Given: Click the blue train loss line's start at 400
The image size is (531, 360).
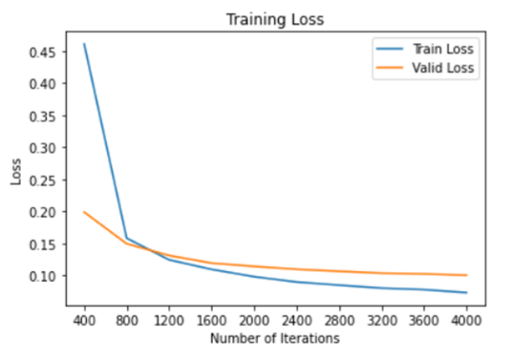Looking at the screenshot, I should tap(84, 44).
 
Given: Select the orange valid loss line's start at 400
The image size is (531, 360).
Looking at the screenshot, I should tap(84, 212).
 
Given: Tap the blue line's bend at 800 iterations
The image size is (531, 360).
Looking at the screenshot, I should tap(127, 238).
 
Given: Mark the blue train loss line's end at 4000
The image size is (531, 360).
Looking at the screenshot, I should tap(467, 292).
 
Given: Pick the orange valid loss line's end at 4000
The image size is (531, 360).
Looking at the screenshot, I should tap(467, 275).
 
